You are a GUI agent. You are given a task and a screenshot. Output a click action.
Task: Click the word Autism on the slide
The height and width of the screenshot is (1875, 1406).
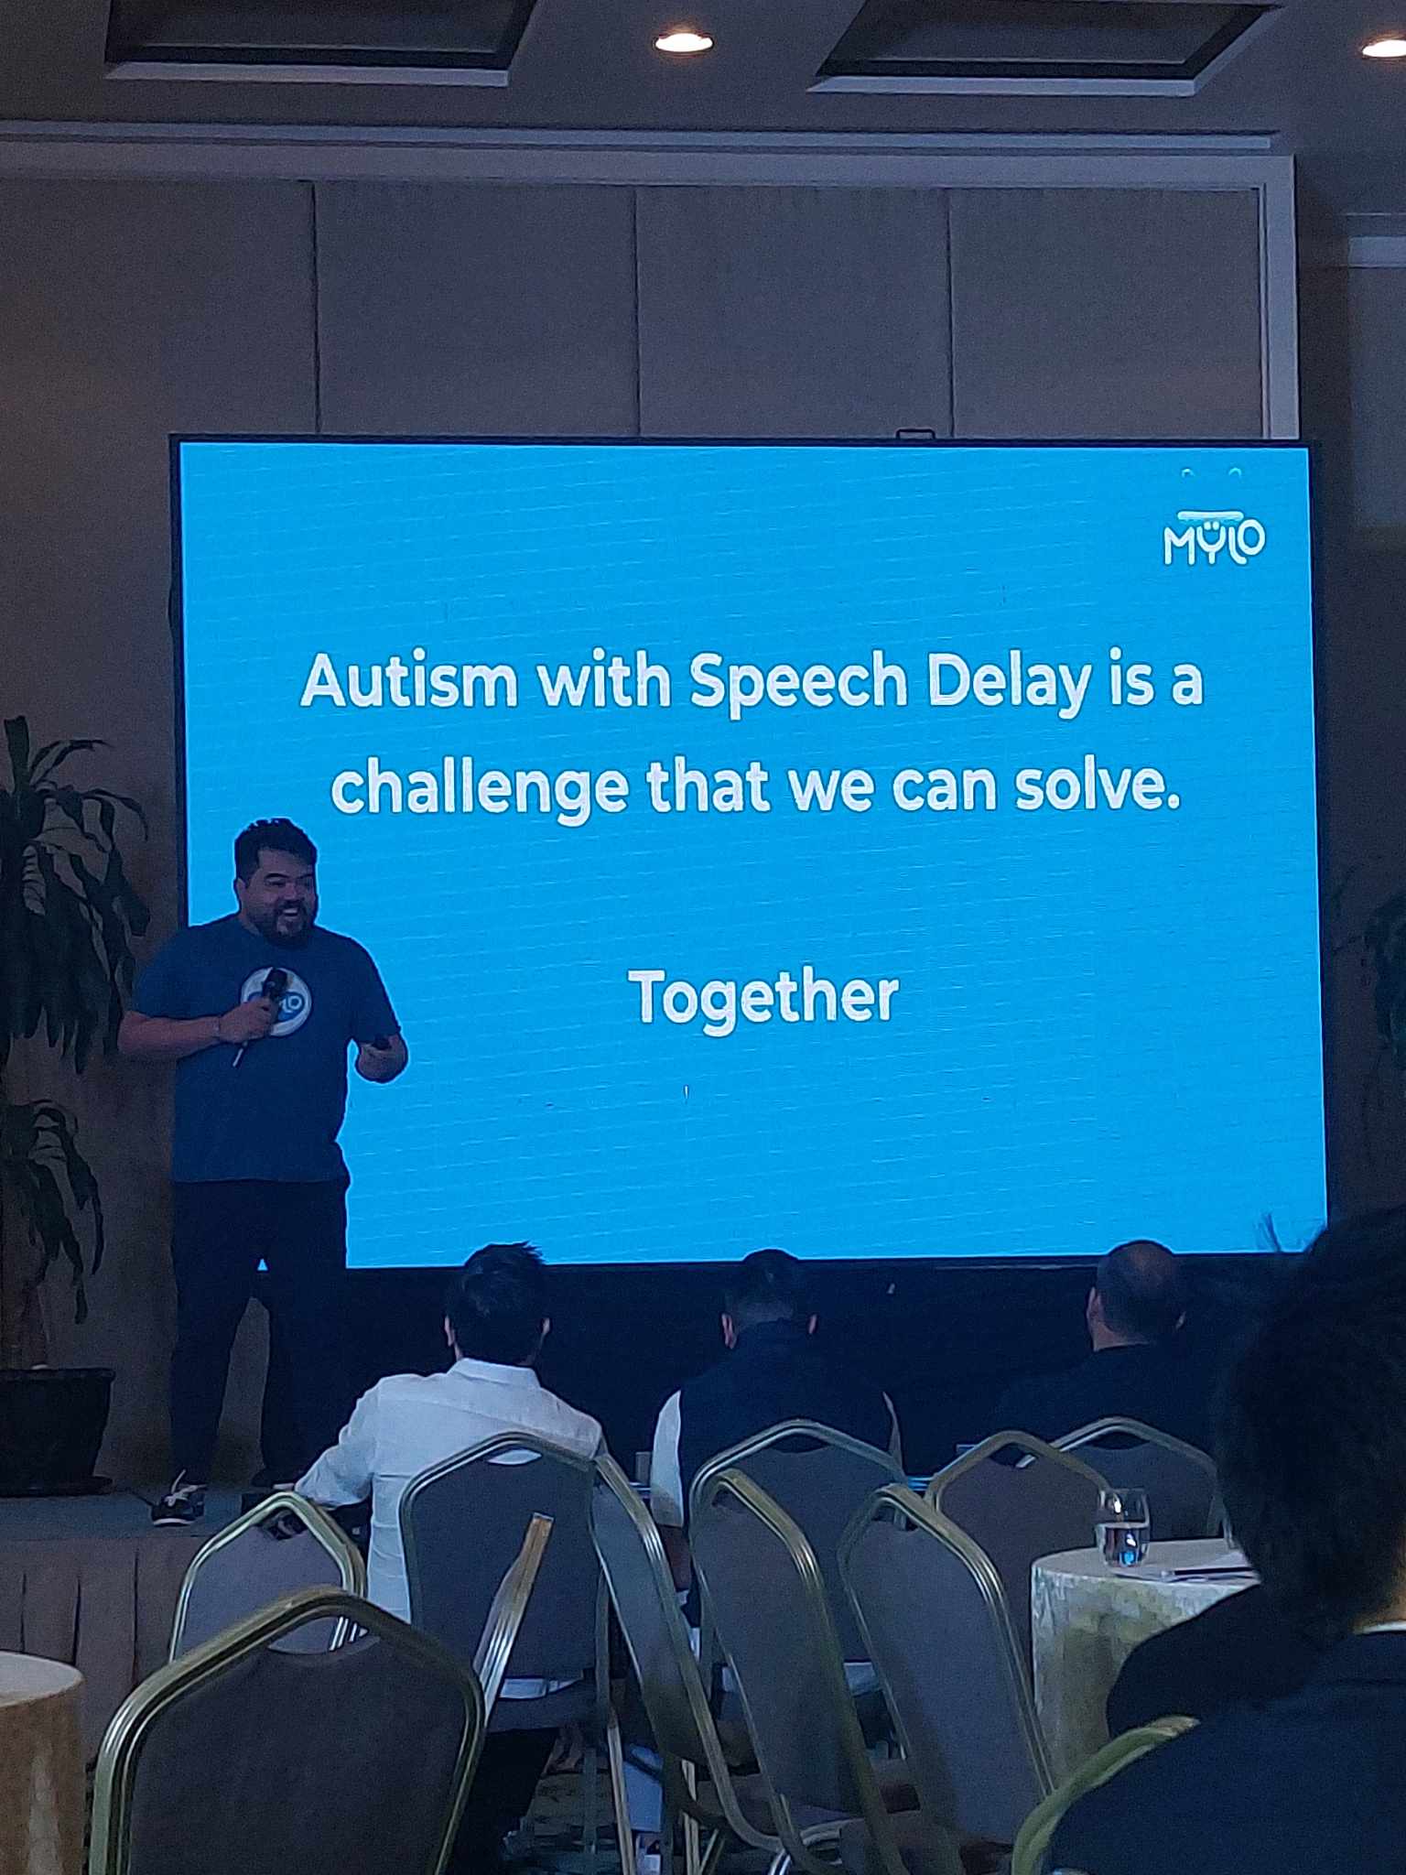click(x=408, y=682)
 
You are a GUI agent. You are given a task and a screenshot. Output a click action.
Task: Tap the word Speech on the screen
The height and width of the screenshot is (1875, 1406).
click(x=797, y=684)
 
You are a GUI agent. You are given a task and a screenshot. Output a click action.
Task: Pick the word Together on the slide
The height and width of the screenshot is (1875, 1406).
click(x=762, y=998)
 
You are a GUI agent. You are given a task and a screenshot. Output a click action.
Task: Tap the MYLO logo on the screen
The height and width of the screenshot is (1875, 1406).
click(x=1214, y=540)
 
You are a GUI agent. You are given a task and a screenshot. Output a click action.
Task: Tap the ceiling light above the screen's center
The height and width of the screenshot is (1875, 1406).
click(x=683, y=41)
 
